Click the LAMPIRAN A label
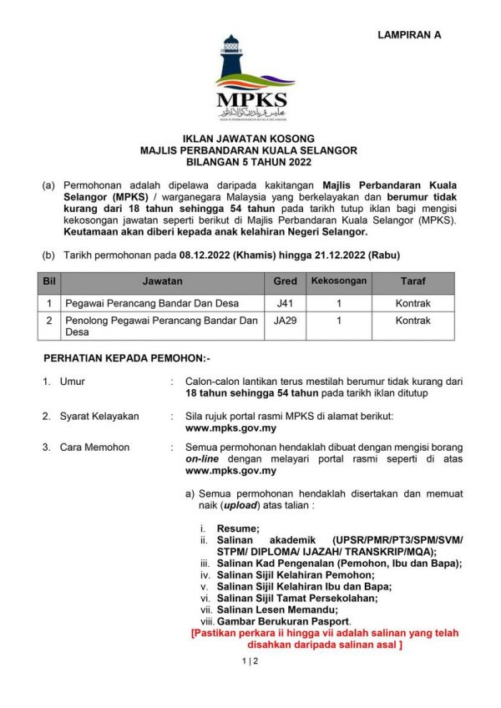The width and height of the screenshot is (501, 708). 409,35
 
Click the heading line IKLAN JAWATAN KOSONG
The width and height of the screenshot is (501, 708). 250,139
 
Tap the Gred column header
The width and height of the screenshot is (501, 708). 285,282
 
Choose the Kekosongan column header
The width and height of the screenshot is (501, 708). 339,281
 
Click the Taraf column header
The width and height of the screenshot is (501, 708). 412,282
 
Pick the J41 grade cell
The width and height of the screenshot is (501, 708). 285,304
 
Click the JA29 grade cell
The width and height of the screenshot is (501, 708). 285,321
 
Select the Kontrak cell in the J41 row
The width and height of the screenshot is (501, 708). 412,304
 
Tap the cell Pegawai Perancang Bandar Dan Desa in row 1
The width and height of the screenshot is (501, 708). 143,304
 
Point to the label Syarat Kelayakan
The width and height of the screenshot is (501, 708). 99,416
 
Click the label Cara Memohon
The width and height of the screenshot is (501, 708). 94,448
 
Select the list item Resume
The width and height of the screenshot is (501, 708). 238,528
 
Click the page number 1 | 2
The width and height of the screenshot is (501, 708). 250,661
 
